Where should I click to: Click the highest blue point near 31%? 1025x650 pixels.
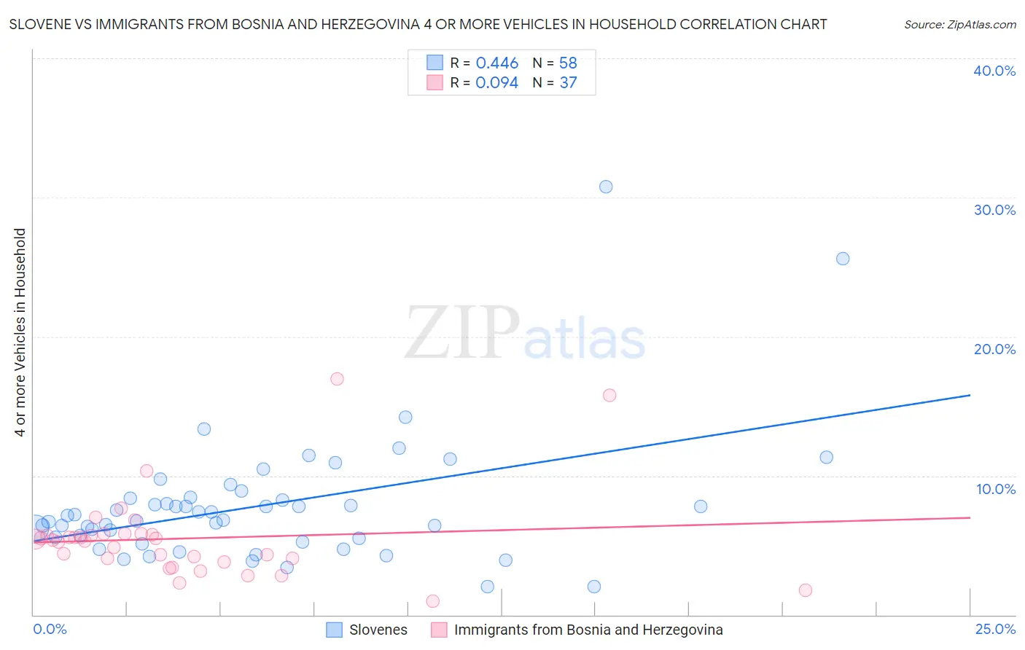(606, 187)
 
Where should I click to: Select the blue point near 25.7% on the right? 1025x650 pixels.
(843, 259)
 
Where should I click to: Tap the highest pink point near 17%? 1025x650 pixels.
(337, 379)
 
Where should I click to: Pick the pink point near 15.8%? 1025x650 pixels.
(609, 395)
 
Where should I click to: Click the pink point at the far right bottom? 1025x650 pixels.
(806, 590)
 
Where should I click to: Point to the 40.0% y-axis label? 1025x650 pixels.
(994, 71)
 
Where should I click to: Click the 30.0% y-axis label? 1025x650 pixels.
(994, 210)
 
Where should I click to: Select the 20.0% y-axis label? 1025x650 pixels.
(994, 349)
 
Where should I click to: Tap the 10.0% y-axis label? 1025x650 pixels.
(996, 489)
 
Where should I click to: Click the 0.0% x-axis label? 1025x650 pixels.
(50, 629)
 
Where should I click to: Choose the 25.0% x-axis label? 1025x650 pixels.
(995, 629)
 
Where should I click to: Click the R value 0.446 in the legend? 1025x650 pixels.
(496, 63)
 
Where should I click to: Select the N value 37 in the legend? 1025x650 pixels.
(568, 82)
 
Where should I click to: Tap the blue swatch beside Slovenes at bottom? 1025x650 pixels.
(334, 630)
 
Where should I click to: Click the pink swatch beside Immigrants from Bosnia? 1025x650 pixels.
(438, 630)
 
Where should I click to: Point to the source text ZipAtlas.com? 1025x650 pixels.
(960, 24)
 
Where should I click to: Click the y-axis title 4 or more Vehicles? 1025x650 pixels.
(20, 332)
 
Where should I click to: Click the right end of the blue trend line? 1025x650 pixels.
(970, 395)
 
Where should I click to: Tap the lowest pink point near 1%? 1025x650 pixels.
(432, 601)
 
